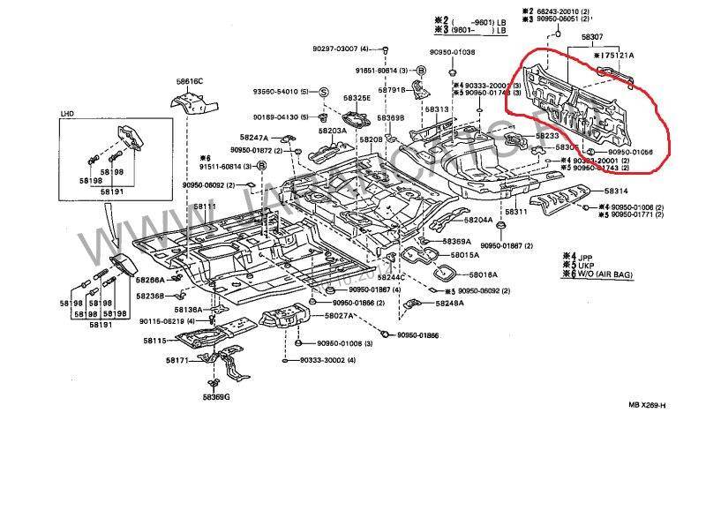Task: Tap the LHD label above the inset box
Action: click(x=67, y=114)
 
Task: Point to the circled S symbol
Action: click(x=324, y=92)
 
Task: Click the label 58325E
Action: click(x=357, y=98)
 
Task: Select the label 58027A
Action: click(x=339, y=315)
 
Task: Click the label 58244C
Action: click(x=388, y=277)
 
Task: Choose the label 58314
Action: click(x=616, y=191)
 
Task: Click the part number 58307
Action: click(x=592, y=37)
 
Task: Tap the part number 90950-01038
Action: click(x=452, y=52)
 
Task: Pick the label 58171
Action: click(x=178, y=360)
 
